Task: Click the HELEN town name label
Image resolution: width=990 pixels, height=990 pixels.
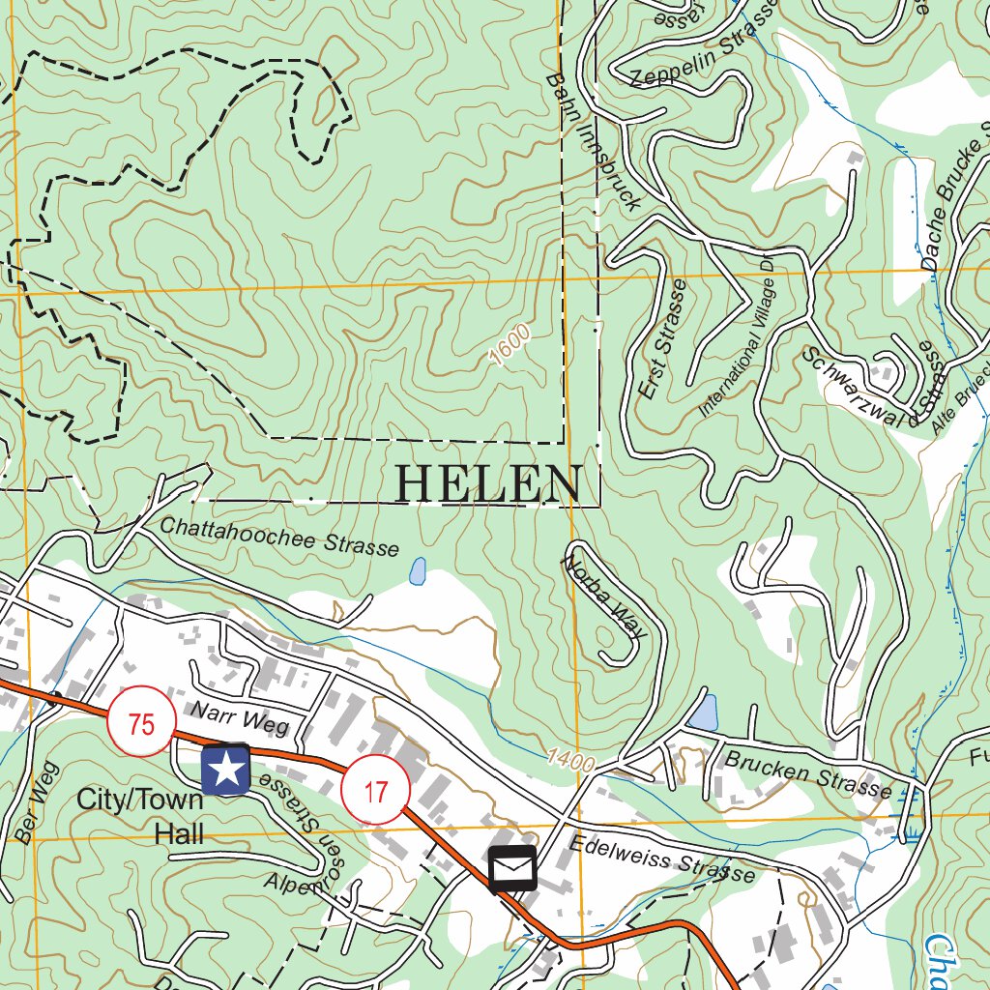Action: tap(488, 483)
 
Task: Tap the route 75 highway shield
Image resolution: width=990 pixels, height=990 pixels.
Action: tap(141, 723)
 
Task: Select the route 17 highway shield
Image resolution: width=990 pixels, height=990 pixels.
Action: tap(375, 791)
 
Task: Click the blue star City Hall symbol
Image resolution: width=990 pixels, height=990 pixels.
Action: tap(226, 770)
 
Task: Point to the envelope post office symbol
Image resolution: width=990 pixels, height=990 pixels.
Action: tap(512, 869)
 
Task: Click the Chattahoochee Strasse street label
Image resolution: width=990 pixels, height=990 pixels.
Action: tap(278, 537)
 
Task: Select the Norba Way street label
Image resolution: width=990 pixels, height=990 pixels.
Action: tap(604, 595)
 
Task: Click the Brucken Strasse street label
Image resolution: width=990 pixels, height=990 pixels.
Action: tap(807, 773)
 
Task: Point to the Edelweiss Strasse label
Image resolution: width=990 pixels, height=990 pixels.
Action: tap(661, 858)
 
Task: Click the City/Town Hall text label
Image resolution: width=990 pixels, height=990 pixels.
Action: tap(140, 816)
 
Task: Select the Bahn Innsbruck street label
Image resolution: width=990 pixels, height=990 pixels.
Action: tap(592, 140)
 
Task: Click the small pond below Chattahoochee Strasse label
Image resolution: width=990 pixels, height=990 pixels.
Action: tap(418, 571)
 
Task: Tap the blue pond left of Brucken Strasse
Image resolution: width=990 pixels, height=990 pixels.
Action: tap(705, 713)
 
